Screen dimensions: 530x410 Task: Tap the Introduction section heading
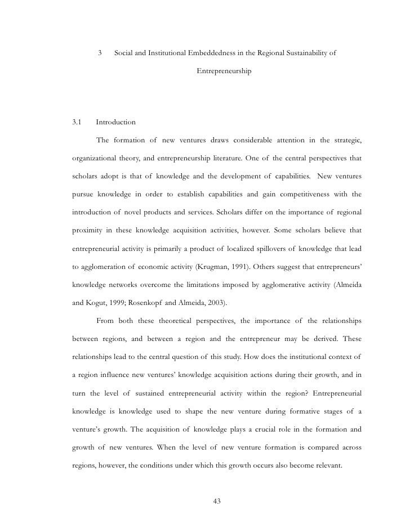coord(115,122)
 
